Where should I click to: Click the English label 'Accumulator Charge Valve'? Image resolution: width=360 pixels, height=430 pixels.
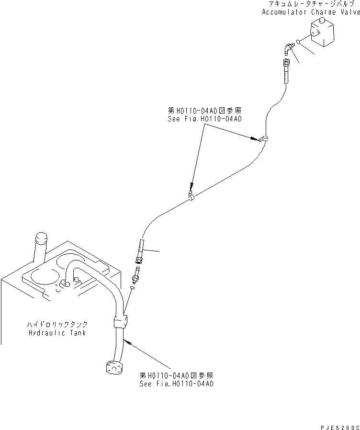coord(310,12)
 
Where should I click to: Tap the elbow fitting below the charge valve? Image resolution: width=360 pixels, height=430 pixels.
coord(286,47)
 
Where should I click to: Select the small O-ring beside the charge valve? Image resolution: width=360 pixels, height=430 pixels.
coord(298,42)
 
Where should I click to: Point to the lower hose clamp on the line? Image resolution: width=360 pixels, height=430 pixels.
coord(191,197)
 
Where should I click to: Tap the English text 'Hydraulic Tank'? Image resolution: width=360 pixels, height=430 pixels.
coord(57,332)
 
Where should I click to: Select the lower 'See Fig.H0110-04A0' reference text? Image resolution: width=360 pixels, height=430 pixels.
coord(176,384)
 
